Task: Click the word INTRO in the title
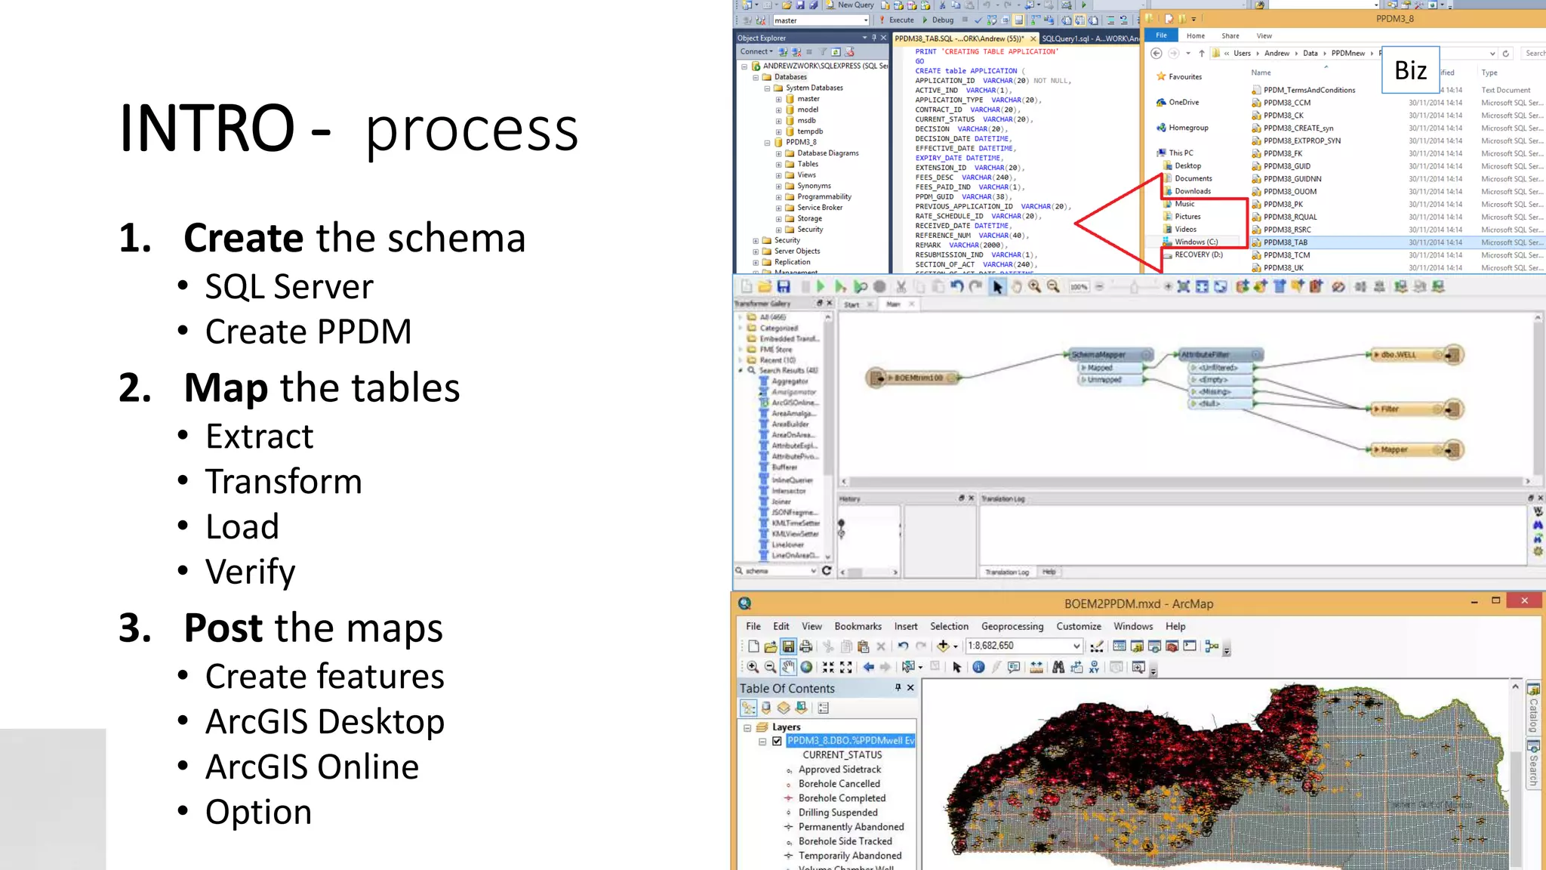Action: click(x=206, y=128)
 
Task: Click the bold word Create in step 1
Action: click(x=243, y=238)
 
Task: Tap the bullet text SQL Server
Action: click(x=289, y=287)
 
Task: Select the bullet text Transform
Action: click(x=284, y=482)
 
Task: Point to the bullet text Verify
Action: click(x=250, y=572)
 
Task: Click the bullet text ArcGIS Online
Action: click(x=312, y=767)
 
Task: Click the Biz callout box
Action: click(x=1410, y=70)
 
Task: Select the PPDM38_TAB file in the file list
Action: click(x=1286, y=242)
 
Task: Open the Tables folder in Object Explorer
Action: click(x=807, y=164)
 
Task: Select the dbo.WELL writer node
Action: click(x=1398, y=354)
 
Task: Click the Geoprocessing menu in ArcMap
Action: click(x=1012, y=626)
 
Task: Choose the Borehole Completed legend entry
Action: click(x=842, y=798)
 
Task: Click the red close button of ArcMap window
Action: click(x=1524, y=601)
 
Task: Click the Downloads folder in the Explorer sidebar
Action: click(x=1192, y=191)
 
